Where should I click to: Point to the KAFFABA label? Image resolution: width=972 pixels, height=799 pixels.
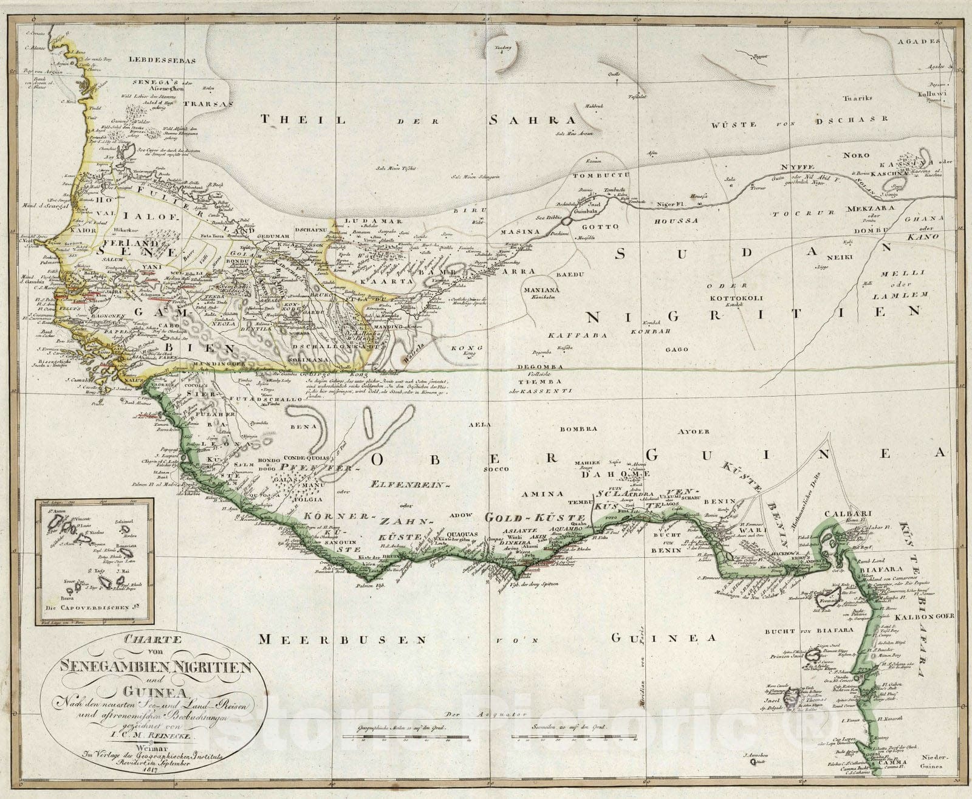click(568, 335)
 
